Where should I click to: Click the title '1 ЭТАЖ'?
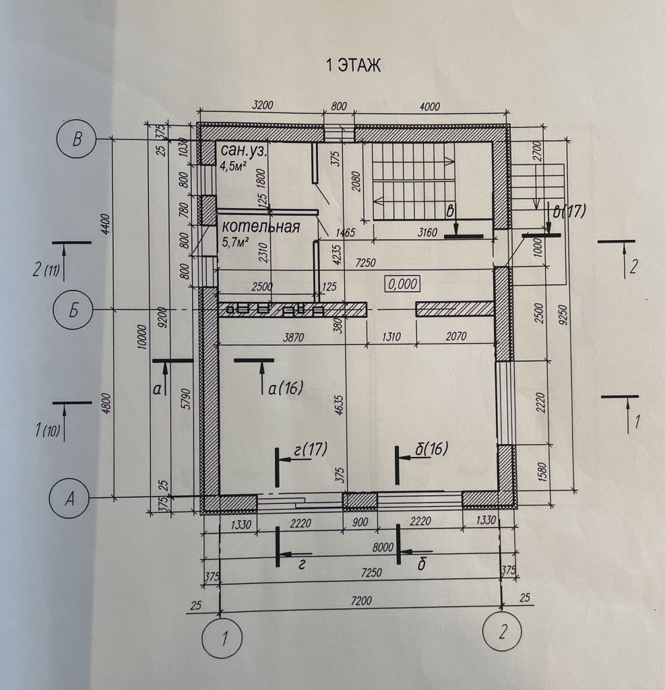(x=353, y=65)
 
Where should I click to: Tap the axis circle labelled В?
(x=77, y=139)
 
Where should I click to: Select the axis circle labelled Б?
(x=73, y=310)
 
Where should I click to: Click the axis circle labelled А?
(x=69, y=499)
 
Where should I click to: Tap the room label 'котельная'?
(x=261, y=226)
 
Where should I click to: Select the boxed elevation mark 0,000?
(x=403, y=284)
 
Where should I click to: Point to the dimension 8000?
(x=383, y=547)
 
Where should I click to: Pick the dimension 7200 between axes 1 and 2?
(x=361, y=600)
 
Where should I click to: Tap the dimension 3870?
(x=294, y=338)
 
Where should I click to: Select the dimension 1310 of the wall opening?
(x=391, y=337)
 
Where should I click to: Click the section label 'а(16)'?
(x=285, y=388)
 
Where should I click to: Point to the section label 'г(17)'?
(x=311, y=449)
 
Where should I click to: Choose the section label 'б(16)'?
(x=432, y=448)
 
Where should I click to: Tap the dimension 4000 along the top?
(x=430, y=107)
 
